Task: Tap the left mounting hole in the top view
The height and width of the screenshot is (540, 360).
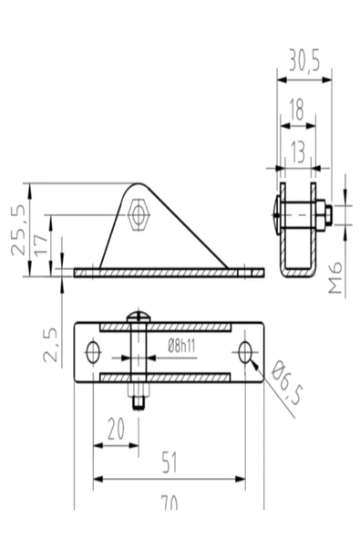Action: coord(93,352)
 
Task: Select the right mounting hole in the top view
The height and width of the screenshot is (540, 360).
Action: coord(245,352)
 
